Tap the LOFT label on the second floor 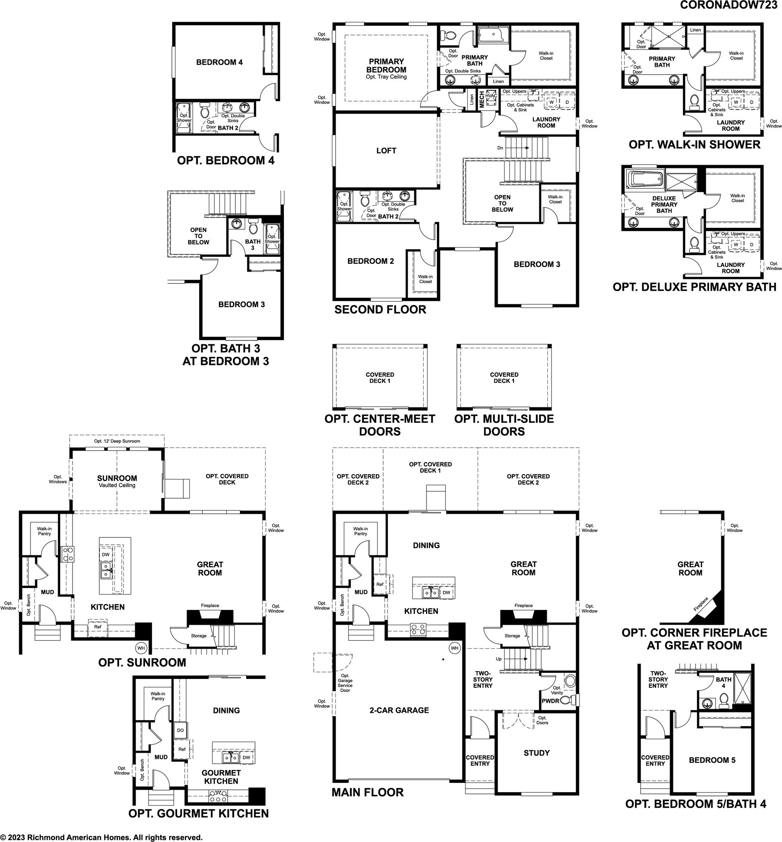[x=386, y=150]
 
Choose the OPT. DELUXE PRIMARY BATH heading [x=694, y=287]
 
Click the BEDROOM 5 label [x=712, y=772]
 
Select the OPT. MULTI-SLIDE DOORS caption [x=504, y=425]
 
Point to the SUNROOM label [x=117, y=478]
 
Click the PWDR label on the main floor [x=551, y=713]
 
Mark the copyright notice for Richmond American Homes [x=101, y=838]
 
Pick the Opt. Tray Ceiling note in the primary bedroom [x=386, y=77]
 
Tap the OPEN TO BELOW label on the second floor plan [x=502, y=203]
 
